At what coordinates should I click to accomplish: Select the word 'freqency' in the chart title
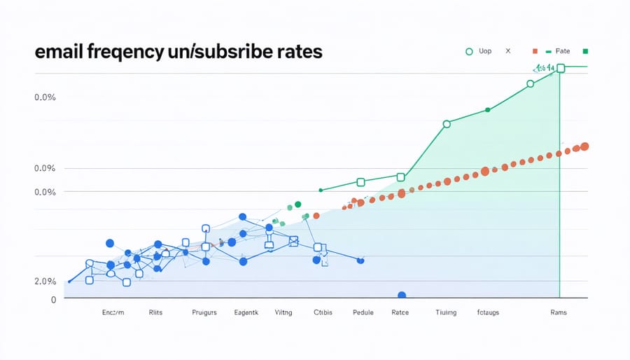[132, 54]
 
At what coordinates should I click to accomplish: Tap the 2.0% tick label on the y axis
[44, 281]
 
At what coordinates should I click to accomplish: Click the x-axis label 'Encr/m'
[113, 313]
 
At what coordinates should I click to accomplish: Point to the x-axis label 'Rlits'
[155, 313]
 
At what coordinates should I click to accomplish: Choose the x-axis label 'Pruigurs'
[204, 313]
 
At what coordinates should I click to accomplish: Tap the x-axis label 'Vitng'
[283, 313]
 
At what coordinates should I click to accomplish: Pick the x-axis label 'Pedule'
[363, 313]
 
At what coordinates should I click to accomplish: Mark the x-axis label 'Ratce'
[400, 313]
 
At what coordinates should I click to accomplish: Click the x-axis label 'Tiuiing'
[446, 313]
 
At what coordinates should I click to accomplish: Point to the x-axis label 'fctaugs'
[488, 313]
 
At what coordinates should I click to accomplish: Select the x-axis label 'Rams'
[558, 313]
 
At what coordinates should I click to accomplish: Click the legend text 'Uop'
[484, 51]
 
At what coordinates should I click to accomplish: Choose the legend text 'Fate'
[563, 51]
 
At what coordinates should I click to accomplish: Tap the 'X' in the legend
[508, 51]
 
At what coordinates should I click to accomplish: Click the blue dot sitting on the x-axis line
[402, 296]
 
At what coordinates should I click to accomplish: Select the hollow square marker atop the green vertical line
[560, 68]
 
